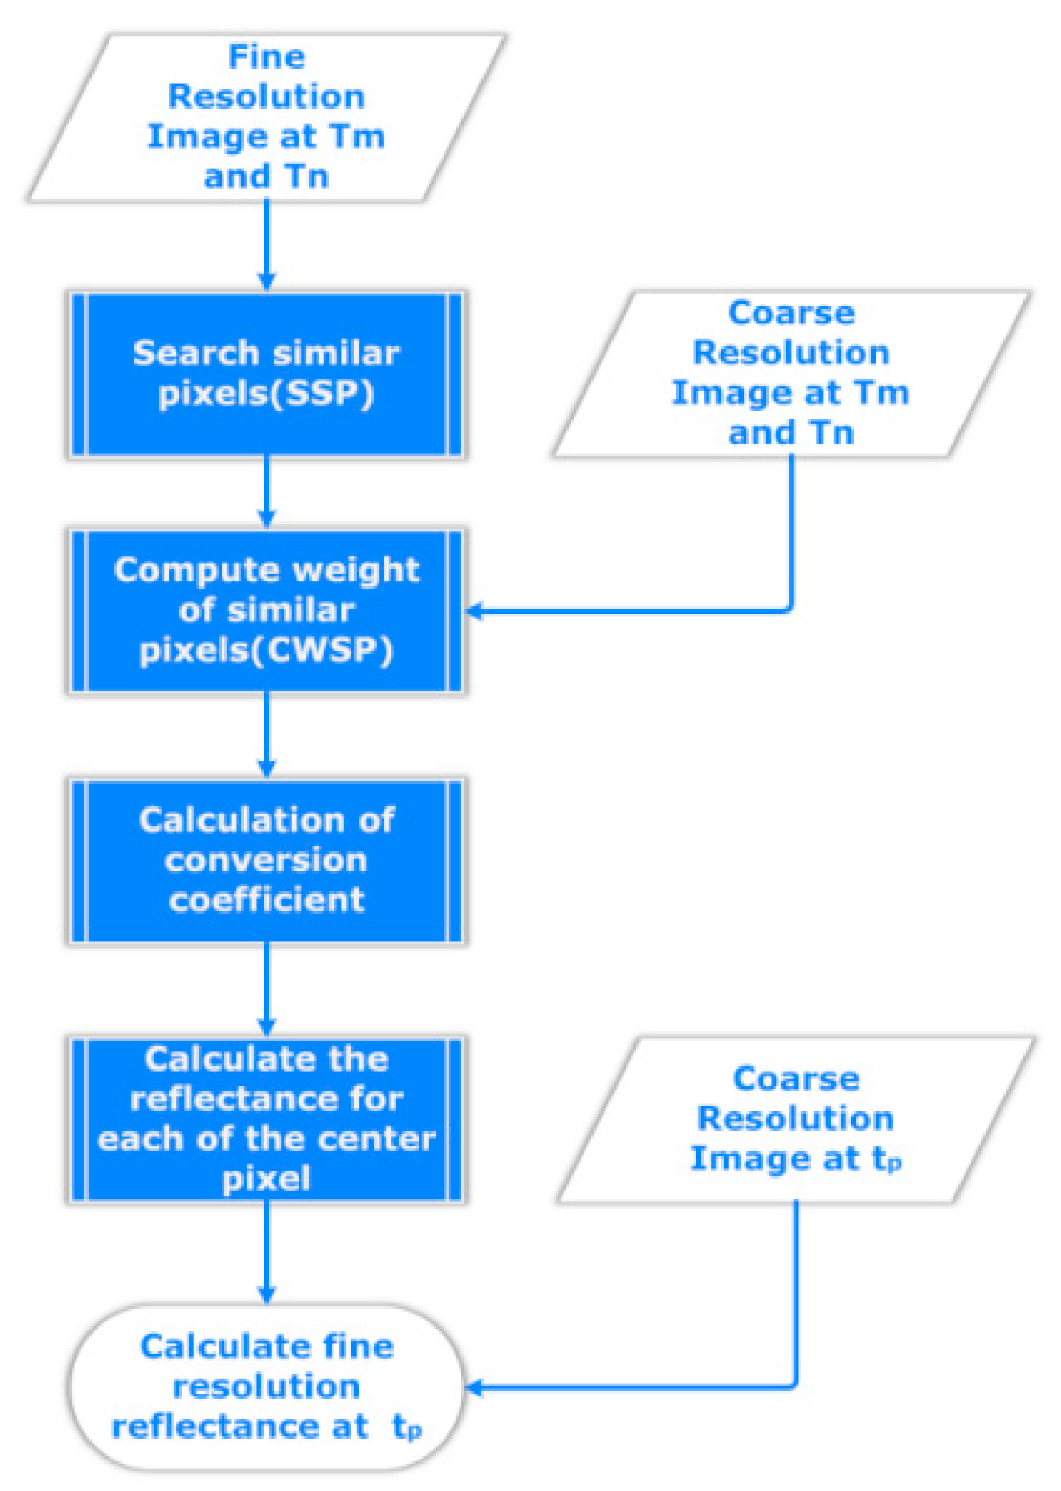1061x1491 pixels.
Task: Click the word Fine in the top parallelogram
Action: pos(267,57)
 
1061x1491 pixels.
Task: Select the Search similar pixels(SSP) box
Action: pos(267,374)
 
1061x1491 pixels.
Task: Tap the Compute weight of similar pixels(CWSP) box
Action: pos(267,610)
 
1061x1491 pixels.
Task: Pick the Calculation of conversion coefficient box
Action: pos(267,860)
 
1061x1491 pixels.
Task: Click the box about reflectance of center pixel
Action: pos(267,1118)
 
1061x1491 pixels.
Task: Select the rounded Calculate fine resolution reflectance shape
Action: pos(267,1386)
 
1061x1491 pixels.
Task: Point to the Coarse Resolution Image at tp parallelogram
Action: pos(796,1119)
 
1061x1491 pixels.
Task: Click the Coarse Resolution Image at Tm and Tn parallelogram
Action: pos(790,373)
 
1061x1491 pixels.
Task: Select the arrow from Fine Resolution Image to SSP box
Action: pos(267,244)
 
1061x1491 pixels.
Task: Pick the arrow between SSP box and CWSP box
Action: pos(267,491)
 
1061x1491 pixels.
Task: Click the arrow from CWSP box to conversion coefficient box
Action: pos(267,734)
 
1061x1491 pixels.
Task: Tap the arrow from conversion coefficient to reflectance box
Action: pos(267,988)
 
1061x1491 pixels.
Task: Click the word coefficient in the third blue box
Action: pos(267,900)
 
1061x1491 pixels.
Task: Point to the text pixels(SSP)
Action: pos(267,394)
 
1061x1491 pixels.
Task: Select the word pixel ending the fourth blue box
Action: pos(267,1179)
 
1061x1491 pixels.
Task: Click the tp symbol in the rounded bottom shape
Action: pos(407,1427)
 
